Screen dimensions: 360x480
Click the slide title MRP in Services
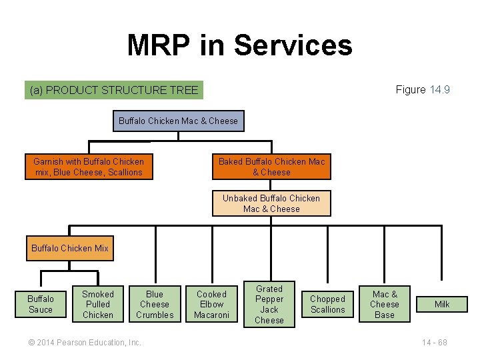(x=239, y=45)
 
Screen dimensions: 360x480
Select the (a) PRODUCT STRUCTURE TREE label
(x=114, y=89)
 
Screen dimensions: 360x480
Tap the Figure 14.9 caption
(x=422, y=89)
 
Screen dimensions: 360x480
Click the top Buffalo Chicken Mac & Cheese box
(x=178, y=121)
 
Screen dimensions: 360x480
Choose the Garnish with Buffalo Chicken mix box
(x=89, y=167)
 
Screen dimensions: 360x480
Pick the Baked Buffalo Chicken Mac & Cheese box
(x=271, y=167)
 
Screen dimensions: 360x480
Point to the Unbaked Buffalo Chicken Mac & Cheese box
(x=271, y=203)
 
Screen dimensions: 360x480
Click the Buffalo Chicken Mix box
(x=70, y=248)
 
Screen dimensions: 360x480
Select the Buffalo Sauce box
(x=41, y=304)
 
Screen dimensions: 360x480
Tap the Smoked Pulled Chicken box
(x=98, y=304)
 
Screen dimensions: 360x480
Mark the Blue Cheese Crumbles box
(x=155, y=304)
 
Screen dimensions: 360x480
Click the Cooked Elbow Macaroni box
(x=211, y=304)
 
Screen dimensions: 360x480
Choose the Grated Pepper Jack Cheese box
(x=269, y=304)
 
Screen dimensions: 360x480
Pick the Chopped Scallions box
(x=327, y=304)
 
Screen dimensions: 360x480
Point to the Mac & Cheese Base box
(x=385, y=304)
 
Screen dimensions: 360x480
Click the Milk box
(x=442, y=304)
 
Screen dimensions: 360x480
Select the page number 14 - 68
(x=434, y=342)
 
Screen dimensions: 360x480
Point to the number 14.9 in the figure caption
(x=439, y=89)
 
